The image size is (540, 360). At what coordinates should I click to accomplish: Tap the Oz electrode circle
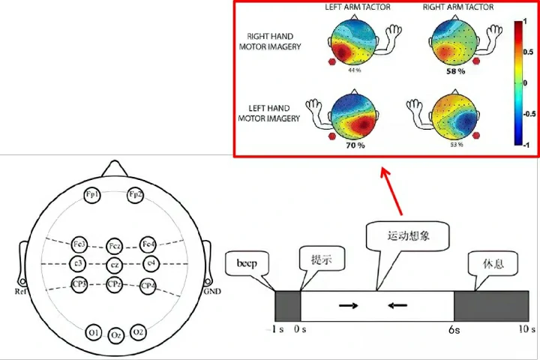[x=115, y=334]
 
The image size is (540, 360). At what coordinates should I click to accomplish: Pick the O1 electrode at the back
[x=93, y=331]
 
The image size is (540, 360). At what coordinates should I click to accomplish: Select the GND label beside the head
[x=211, y=292]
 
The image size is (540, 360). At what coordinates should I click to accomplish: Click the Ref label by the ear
[x=21, y=292]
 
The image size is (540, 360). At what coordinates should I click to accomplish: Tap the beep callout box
[x=247, y=264]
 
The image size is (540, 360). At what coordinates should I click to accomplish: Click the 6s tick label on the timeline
[x=454, y=329]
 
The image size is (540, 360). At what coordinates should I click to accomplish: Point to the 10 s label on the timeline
[x=527, y=329]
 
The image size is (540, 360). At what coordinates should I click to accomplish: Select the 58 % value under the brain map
[x=456, y=70]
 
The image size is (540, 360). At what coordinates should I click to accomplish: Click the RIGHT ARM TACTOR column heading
[x=457, y=7]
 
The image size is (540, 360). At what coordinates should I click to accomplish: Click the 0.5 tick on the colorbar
[x=529, y=52]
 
